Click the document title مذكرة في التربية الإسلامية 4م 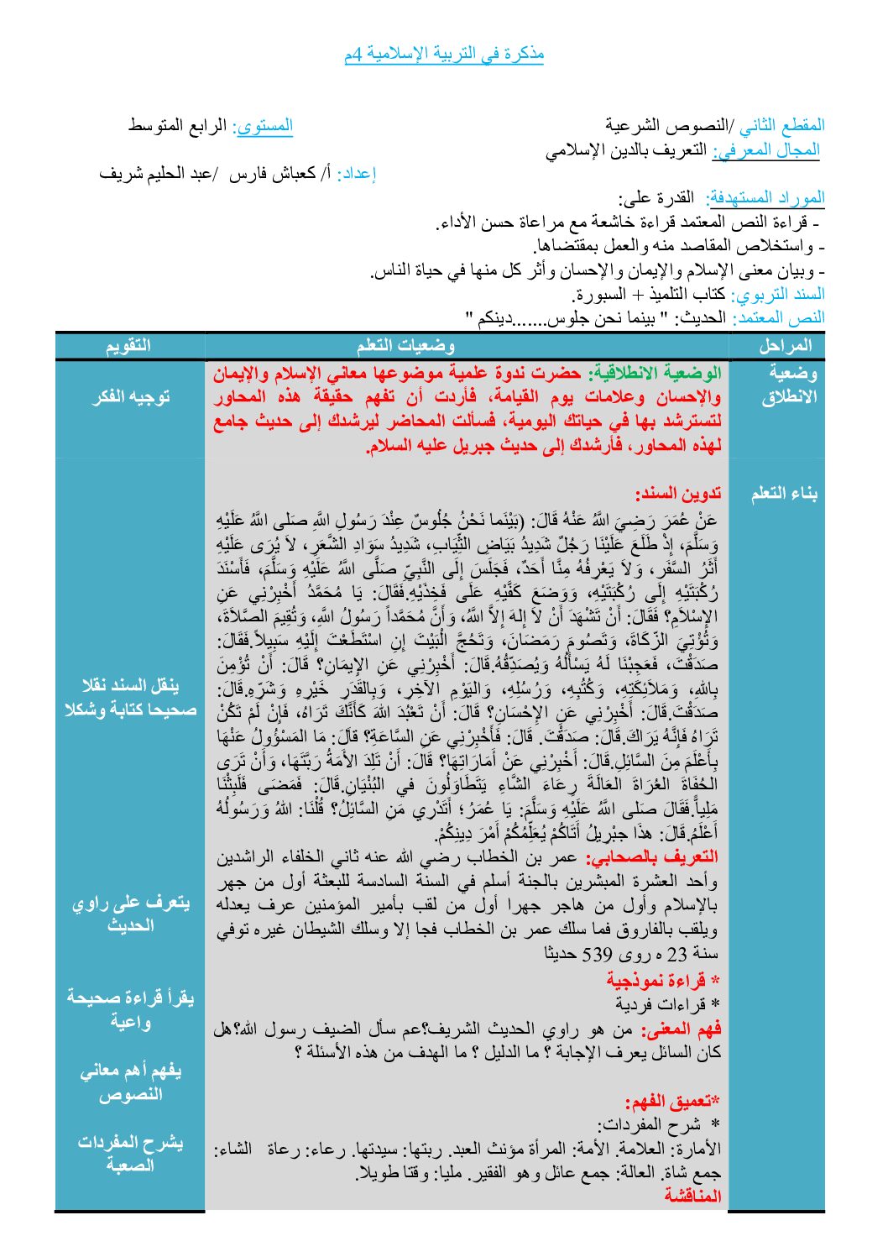click(444, 55)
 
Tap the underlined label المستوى click(264, 126)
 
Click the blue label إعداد click(356, 174)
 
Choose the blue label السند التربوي click(778, 295)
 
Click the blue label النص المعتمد click(779, 317)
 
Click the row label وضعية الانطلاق click(789, 385)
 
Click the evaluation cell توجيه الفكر click(130, 396)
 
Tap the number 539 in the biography click(598, 954)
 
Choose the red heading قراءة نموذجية click(663, 980)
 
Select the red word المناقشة click(693, 1196)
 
